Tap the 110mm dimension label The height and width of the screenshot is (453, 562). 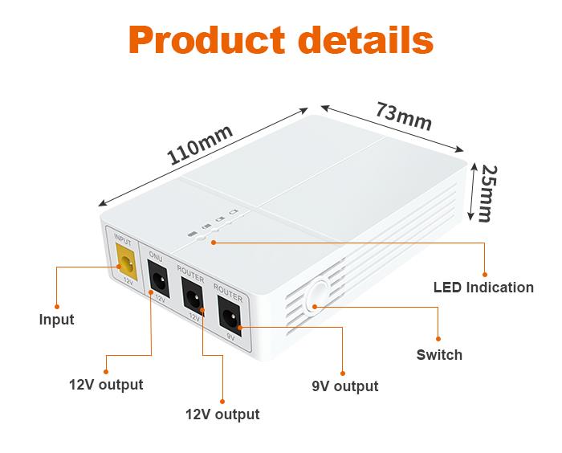(x=200, y=145)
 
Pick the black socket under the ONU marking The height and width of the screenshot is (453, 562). (x=160, y=281)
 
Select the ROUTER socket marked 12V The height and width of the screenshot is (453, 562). (x=193, y=300)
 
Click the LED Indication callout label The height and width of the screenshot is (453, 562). (x=483, y=287)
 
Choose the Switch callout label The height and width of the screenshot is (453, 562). (x=439, y=354)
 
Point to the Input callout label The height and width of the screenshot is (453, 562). (x=56, y=320)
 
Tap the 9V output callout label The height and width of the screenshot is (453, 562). (x=345, y=387)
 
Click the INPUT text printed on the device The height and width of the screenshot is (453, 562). (x=123, y=239)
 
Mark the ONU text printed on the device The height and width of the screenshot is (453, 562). (x=156, y=256)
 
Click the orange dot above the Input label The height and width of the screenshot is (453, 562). (x=56, y=305)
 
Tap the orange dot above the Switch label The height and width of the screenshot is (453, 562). (x=439, y=339)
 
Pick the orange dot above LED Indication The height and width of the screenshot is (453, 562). (x=484, y=271)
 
